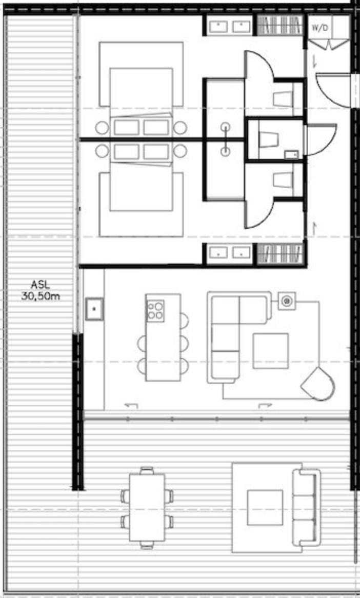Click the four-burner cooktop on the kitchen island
pos(156,310)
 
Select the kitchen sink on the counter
pos(94,309)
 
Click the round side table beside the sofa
pos(287,301)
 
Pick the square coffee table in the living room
pos(270,350)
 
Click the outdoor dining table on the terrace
pos(147,508)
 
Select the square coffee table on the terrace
pos(265,507)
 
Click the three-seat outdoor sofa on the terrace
pos(306,507)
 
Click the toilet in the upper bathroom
pos(282,97)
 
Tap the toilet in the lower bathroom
pos(282,180)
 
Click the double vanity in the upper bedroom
pos(229,25)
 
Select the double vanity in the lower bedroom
pos(229,252)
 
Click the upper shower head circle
pos(226,127)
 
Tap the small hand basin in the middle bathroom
pos(291,153)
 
